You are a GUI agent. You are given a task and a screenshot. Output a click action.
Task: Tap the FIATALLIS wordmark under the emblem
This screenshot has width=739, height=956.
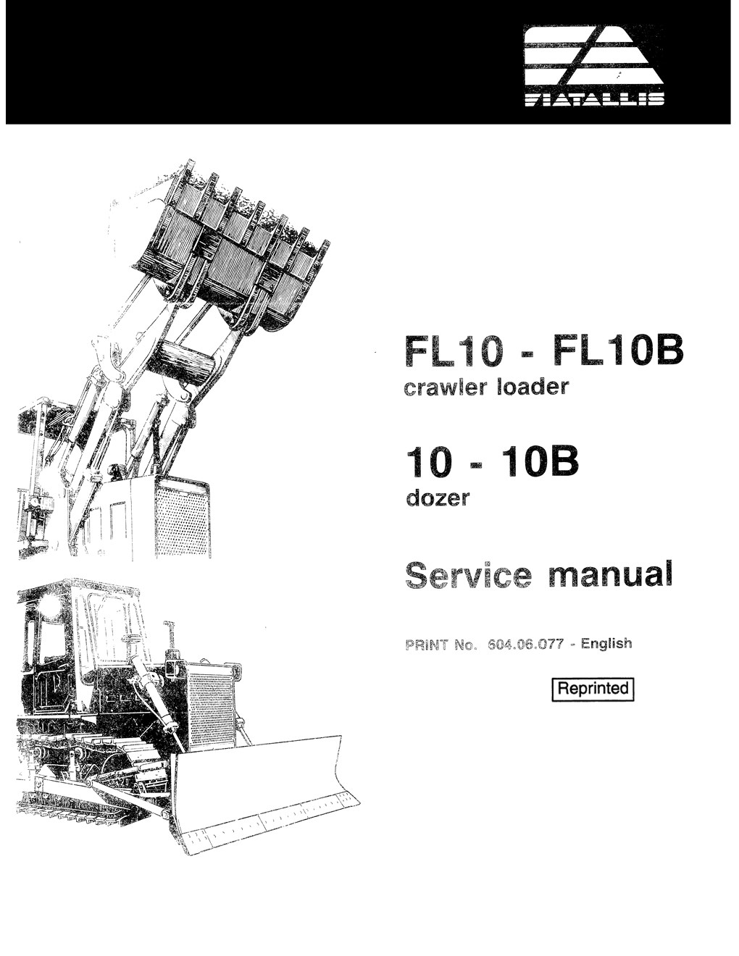pos(595,100)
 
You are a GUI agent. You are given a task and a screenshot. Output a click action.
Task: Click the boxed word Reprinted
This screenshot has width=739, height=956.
pos(593,689)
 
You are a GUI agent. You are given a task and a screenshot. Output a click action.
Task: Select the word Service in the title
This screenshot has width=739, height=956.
pos(468,575)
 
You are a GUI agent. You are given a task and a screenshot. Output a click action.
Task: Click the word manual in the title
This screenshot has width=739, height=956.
pos(611,574)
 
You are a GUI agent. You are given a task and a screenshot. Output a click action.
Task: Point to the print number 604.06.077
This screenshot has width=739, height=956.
pos(525,645)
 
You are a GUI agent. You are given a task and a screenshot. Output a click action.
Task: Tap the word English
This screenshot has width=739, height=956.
pos(606,644)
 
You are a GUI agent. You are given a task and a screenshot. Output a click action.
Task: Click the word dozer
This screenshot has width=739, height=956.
pos(438,498)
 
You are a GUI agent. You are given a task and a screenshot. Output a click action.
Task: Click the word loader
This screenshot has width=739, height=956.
pos(532,387)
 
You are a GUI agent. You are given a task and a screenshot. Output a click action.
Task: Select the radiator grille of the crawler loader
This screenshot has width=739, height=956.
pos(182,519)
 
